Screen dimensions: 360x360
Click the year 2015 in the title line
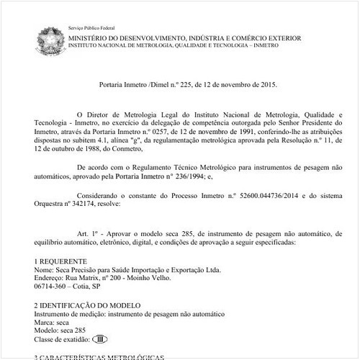(264, 84)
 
